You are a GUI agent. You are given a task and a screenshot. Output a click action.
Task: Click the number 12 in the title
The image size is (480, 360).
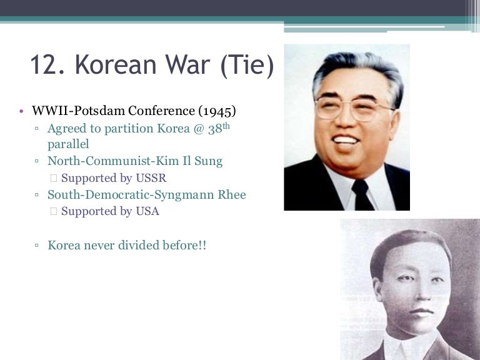(x=46, y=66)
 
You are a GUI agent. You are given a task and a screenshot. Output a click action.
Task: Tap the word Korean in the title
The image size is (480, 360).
(x=111, y=66)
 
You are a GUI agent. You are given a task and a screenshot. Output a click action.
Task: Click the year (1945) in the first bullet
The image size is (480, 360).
(x=217, y=112)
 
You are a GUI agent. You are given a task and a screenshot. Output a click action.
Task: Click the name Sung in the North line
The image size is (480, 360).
(x=206, y=161)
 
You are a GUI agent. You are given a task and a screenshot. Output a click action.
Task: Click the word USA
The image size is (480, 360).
(x=146, y=211)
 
